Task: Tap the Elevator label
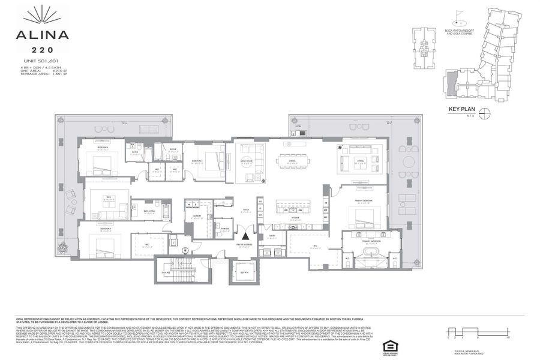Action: coord(244,272)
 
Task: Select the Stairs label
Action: coord(167,272)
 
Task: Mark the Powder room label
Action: coord(225,228)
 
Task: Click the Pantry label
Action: coord(272,236)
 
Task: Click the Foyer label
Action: coord(245,209)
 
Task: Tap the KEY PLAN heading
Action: coord(462,109)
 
